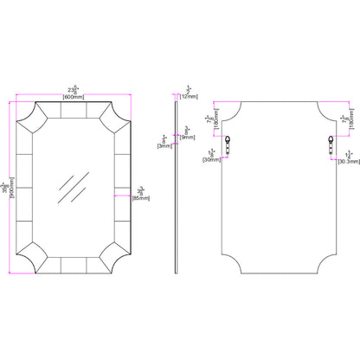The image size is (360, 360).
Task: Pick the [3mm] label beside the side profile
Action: click(163, 146)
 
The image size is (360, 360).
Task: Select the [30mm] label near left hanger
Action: click(209, 160)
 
